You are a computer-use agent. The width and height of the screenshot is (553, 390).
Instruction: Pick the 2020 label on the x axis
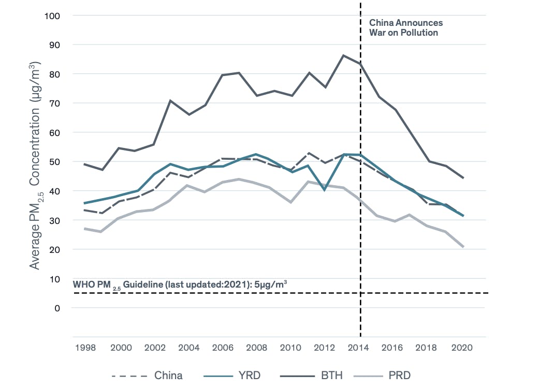pos(462,348)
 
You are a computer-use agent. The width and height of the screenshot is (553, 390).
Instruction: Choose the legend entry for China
pos(147,376)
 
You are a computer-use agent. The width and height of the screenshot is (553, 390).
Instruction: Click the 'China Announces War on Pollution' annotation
pos(405,28)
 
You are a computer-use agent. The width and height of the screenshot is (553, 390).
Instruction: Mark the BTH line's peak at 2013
pos(343,55)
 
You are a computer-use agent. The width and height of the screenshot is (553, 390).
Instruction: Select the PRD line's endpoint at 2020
pos(462,247)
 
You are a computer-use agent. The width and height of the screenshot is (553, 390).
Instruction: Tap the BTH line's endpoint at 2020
pos(462,178)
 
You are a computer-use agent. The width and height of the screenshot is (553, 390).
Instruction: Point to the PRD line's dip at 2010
pos(292,202)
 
